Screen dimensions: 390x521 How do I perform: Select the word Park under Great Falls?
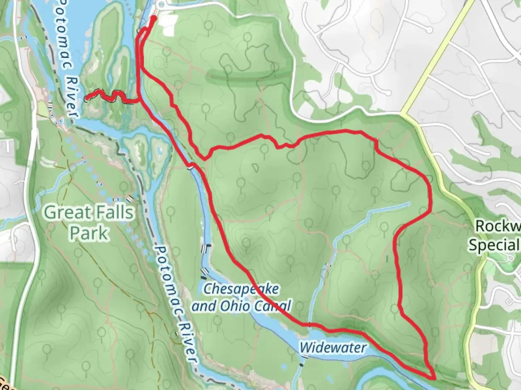pyautogui.click(x=89, y=233)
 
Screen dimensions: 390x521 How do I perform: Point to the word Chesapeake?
pyautogui.click(x=241, y=289)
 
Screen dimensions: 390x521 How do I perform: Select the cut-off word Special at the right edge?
pyautogui.click(x=494, y=245)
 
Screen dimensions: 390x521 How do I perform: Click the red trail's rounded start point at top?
pyautogui.click(x=153, y=18)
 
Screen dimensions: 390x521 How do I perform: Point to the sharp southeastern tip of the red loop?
pyautogui.click(x=433, y=378)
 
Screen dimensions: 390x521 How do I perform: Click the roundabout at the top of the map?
pyautogui.click(x=161, y=4)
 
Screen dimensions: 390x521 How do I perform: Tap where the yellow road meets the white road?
pyautogui.click(x=402, y=112)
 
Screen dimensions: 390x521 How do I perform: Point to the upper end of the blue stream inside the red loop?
pyautogui.click(x=410, y=203)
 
